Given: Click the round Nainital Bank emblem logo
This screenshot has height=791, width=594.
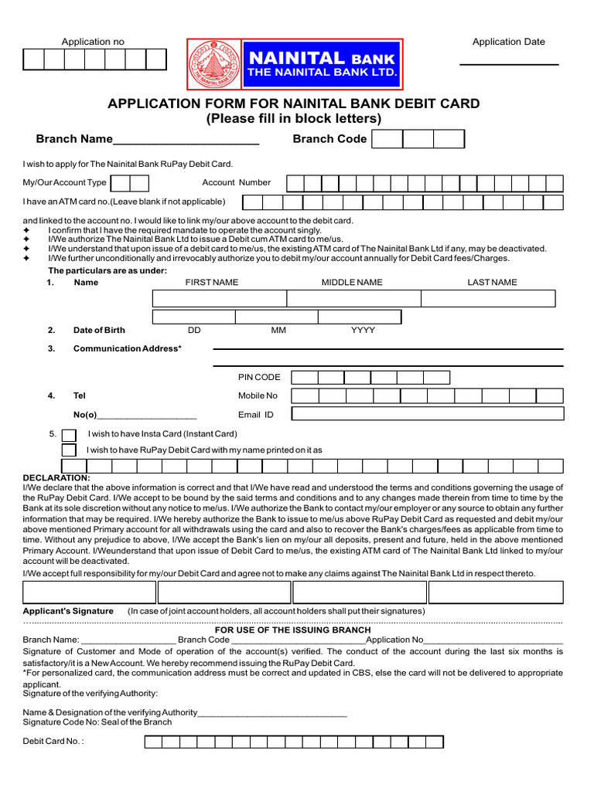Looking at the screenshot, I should point(213,63).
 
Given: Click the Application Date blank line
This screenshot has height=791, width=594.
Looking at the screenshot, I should point(509,63).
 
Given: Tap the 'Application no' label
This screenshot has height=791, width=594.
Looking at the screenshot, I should point(93,42).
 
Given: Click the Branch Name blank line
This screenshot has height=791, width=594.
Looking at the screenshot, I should point(186,141).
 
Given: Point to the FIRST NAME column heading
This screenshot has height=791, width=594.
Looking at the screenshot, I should point(212,283).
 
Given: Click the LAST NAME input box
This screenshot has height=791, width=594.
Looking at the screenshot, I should point(488,299).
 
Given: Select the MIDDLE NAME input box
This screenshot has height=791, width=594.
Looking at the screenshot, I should point(353,299).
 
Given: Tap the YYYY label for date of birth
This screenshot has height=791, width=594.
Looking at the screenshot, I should point(363,331).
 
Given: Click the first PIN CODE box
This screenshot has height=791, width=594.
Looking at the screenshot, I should point(305,378).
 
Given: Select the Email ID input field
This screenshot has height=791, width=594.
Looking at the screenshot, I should point(427,415).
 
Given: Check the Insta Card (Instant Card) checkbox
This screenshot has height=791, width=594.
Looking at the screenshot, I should point(69,435).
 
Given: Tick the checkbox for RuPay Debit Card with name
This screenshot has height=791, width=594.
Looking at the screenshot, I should point(69,450).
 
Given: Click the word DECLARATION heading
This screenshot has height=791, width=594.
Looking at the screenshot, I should point(56,478).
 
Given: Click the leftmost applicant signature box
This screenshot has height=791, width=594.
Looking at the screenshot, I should point(89,592).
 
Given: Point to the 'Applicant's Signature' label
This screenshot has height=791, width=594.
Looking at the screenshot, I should point(68,611).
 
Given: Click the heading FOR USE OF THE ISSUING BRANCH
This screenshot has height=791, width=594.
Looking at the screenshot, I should point(292,630).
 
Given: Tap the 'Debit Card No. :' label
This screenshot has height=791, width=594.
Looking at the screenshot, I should point(53,742).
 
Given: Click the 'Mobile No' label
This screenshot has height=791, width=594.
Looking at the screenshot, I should point(258,395).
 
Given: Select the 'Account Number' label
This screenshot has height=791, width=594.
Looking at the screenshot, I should point(236,183).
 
